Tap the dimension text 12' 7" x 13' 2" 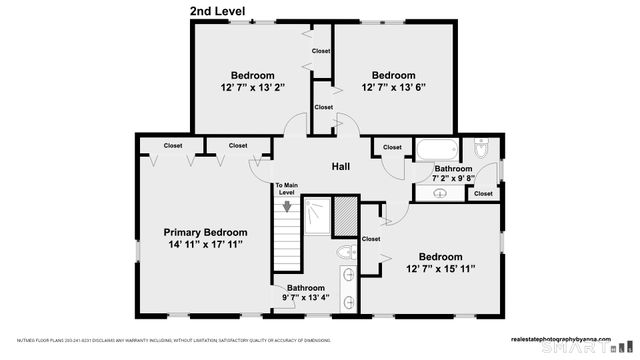(x=252, y=87)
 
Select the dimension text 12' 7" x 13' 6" (x=393, y=87)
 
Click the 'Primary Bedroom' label (x=205, y=232)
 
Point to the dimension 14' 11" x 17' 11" (x=205, y=244)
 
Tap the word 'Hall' (x=341, y=167)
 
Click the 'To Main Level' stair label (x=287, y=189)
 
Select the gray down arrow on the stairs (x=288, y=207)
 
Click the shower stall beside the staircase (x=315, y=215)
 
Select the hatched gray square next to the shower (x=344, y=215)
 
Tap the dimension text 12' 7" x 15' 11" (x=440, y=268)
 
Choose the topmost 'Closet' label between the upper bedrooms (x=321, y=51)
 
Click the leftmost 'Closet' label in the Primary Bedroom (x=172, y=146)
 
